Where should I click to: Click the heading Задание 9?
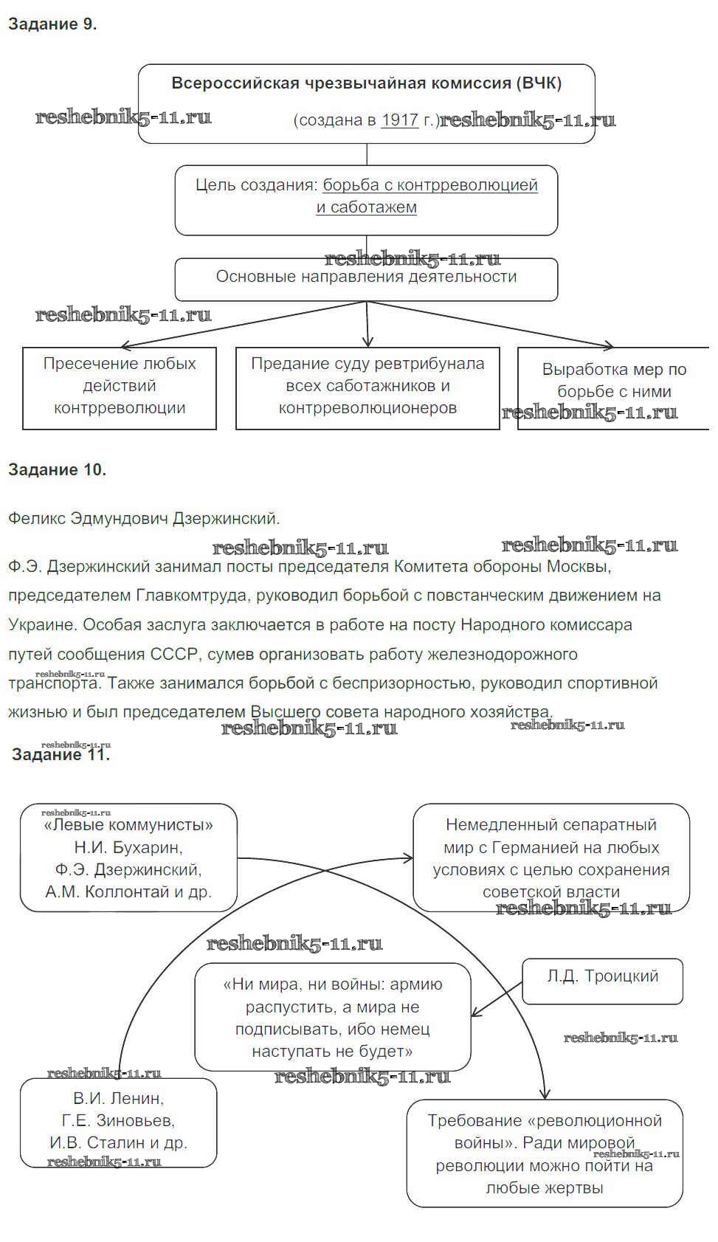point(52,24)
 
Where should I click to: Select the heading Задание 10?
point(57,469)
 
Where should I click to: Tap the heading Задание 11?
point(61,754)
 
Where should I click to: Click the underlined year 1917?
point(399,120)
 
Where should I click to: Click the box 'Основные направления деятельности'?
point(366,278)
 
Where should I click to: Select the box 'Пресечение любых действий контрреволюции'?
point(120,387)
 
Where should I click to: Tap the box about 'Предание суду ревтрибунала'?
point(367,387)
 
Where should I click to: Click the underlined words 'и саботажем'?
point(366,207)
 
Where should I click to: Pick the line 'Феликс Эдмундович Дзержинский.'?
point(144,518)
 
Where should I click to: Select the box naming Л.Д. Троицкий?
point(602,979)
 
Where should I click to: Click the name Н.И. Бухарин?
point(128,847)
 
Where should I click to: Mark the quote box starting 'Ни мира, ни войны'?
point(332,1017)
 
